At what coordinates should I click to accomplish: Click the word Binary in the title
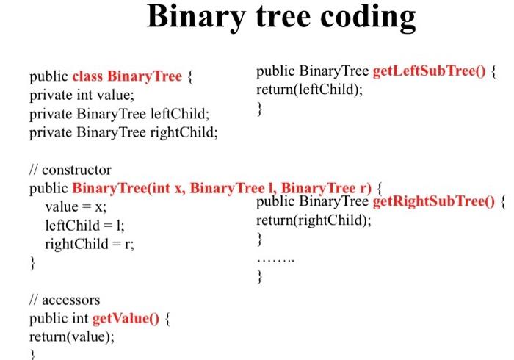(x=196, y=17)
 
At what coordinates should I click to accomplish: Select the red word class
(x=87, y=76)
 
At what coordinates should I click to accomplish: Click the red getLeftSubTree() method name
(x=429, y=71)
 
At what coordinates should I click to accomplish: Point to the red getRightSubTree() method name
(x=434, y=201)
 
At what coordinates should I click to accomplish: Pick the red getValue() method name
(x=126, y=318)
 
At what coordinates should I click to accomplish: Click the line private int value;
(x=82, y=95)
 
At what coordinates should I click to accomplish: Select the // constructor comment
(x=70, y=170)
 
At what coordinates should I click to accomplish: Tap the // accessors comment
(x=65, y=300)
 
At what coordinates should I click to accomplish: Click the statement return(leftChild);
(x=310, y=90)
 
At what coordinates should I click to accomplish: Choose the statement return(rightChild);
(x=314, y=220)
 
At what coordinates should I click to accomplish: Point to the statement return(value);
(x=72, y=337)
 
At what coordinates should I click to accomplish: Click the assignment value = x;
(x=76, y=207)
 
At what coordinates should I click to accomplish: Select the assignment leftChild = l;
(x=84, y=226)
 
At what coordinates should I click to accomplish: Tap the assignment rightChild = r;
(x=90, y=244)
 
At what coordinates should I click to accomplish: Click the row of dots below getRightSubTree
(x=275, y=261)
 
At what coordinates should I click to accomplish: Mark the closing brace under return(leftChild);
(x=260, y=109)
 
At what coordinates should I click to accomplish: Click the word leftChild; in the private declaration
(x=180, y=114)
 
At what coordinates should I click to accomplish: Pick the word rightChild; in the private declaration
(x=184, y=133)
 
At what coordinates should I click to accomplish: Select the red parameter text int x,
(x=167, y=189)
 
